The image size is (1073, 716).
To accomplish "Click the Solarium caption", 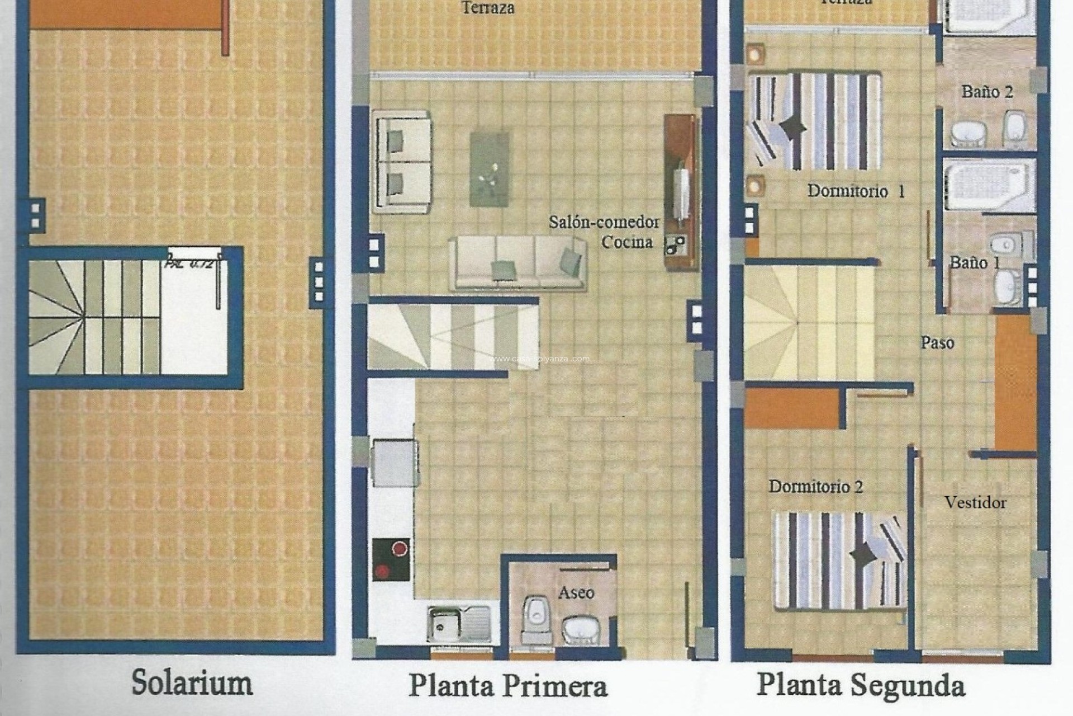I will click(192, 683).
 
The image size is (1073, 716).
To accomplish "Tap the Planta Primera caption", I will click(507, 686).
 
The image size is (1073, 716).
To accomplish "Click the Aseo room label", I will click(576, 592).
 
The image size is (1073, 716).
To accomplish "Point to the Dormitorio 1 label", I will click(856, 191).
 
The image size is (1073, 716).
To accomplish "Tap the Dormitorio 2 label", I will click(815, 487).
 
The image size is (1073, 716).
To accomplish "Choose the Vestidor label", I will click(975, 502).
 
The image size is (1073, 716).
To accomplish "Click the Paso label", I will click(937, 342).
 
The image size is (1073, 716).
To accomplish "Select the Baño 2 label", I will click(987, 92).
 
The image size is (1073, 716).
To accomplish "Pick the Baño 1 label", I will click(975, 262).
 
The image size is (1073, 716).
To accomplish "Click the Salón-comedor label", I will click(604, 222).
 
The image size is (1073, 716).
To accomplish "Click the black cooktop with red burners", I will click(391, 559).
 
